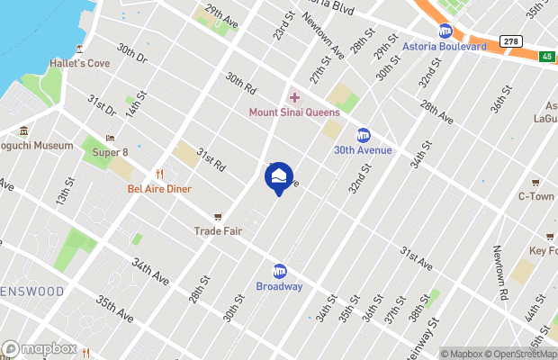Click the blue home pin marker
pyautogui.click(x=279, y=177)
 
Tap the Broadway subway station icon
pyautogui.click(x=279, y=271)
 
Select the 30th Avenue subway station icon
pyautogui.click(x=364, y=135)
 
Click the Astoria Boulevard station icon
pyautogui.click(x=444, y=31)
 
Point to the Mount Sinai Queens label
pyautogui.click(x=294, y=112)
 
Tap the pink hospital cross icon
pyautogui.click(x=293, y=97)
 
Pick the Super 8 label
pyautogui.click(x=111, y=152)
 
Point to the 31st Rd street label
pyautogui.click(x=211, y=159)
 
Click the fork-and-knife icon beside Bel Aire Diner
pyautogui.click(x=159, y=174)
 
